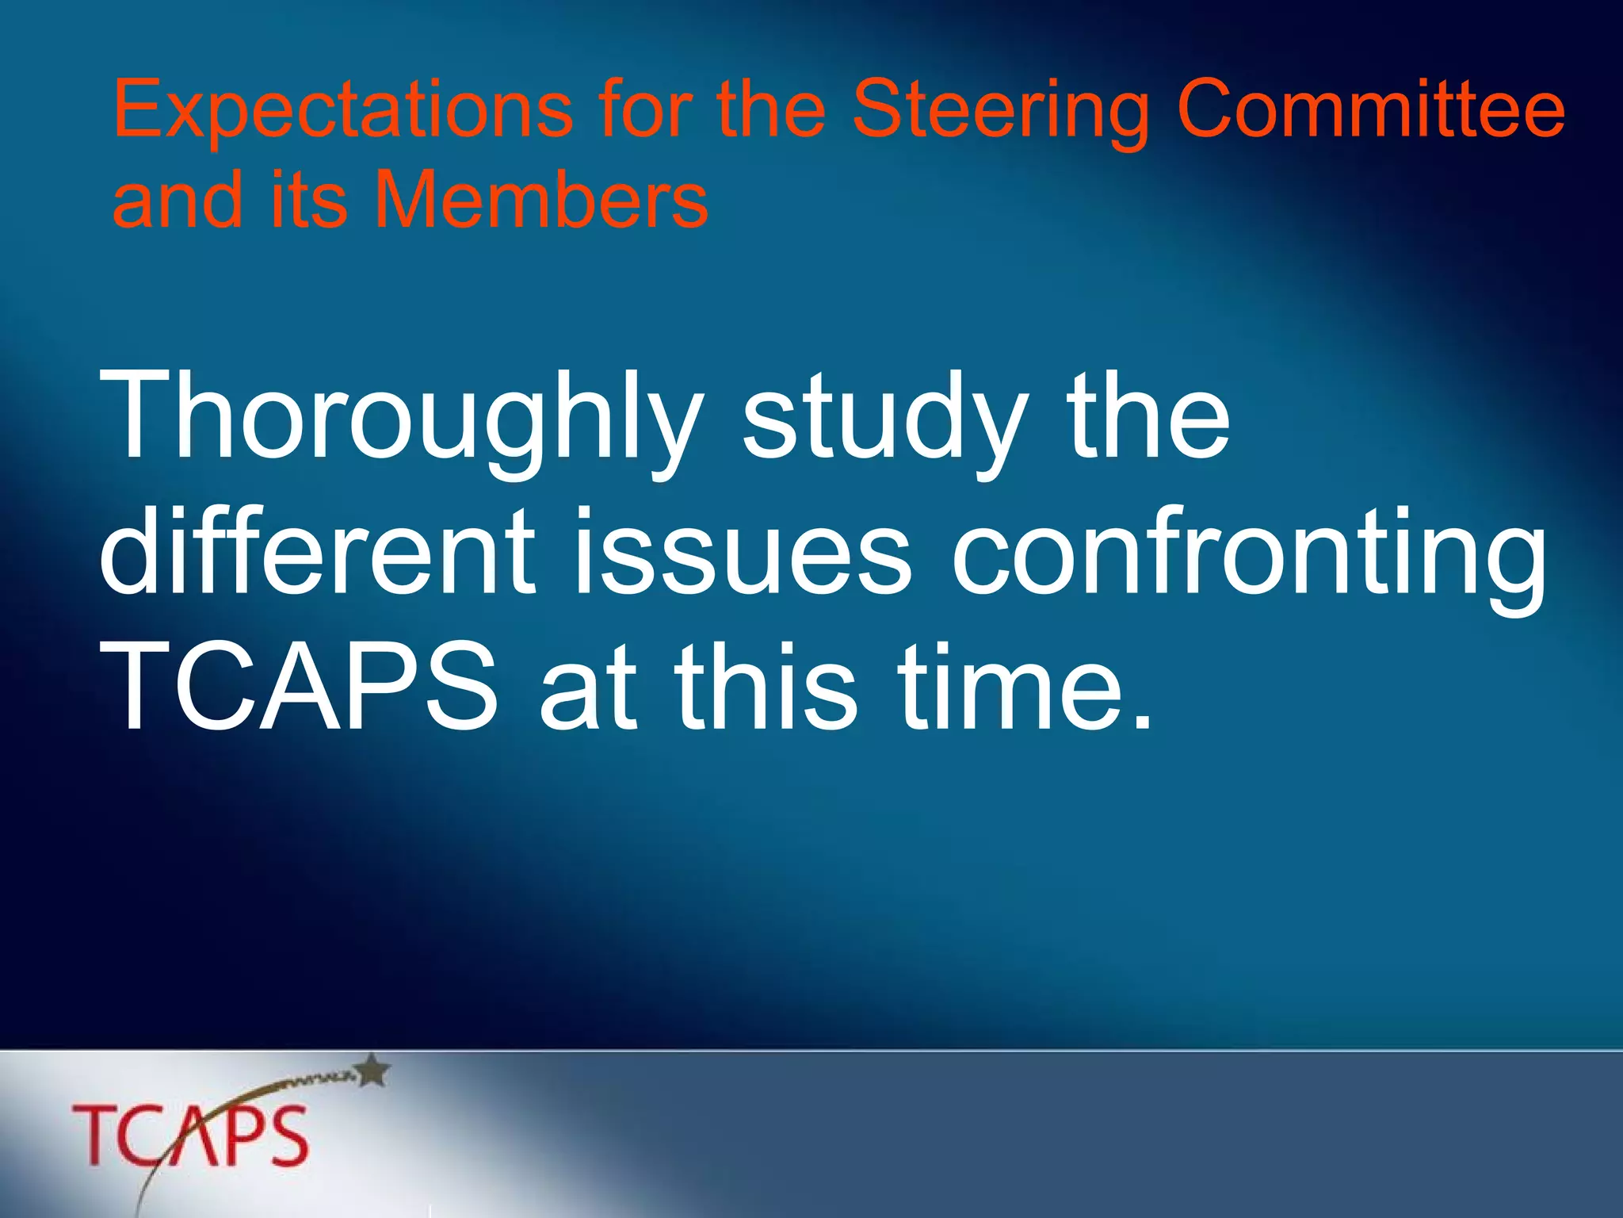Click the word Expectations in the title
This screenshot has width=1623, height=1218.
[x=342, y=111]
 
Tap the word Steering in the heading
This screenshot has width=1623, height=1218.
[x=1000, y=111]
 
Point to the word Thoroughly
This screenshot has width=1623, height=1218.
[x=400, y=420]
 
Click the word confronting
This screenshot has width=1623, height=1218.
[x=1248, y=555]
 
